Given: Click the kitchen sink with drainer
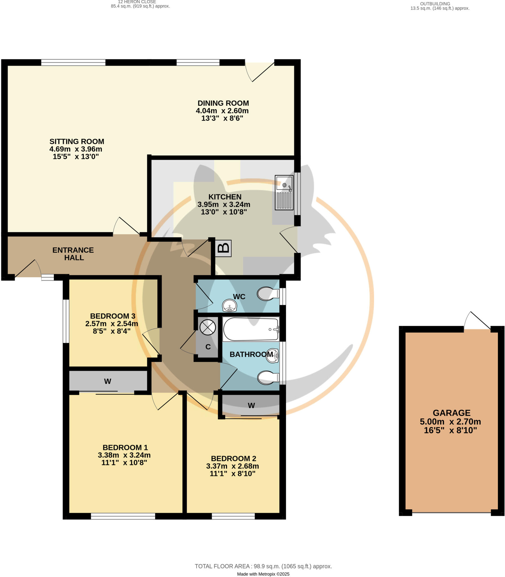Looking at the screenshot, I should click(x=284, y=192).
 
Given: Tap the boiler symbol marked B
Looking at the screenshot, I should click(x=223, y=248).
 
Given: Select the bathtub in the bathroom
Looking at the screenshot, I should click(x=250, y=329).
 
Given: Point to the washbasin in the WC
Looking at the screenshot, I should click(x=229, y=306).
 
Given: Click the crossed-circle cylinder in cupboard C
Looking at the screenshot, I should click(x=208, y=328).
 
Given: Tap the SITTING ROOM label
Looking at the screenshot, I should click(x=77, y=141).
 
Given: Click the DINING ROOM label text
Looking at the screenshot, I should click(x=223, y=103).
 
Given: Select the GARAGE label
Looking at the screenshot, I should click(x=451, y=413).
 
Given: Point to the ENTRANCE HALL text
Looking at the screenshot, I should click(x=73, y=254).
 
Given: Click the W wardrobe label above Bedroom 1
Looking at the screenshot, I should click(x=108, y=381).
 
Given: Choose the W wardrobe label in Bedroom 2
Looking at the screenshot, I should click(x=251, y=405).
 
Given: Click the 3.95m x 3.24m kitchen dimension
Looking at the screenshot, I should click(x=224, y=204).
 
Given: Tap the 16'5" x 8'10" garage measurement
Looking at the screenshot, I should click(x=450, y=430).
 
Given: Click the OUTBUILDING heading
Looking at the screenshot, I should click(x=435, y=4).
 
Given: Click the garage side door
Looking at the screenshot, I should click(x=477, y=321).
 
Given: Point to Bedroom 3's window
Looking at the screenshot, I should click(x=66, y=321).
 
